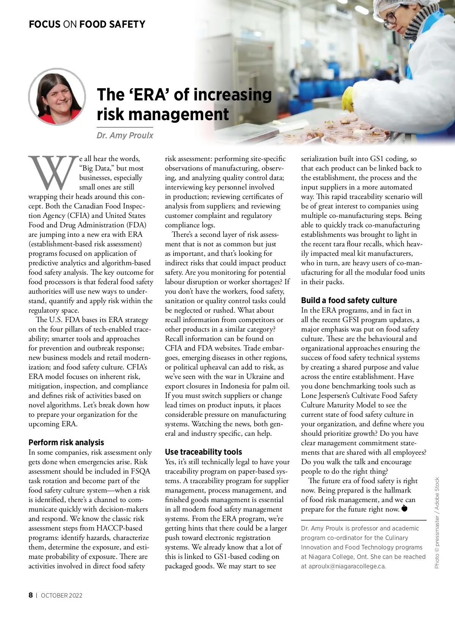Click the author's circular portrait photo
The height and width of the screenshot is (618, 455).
pyautogui.click(x=57, y=97)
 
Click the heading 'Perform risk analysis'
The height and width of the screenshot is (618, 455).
pyautogui.click(x=66, y=443)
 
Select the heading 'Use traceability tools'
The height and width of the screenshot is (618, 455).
pyautogui.click(x=203, y=452)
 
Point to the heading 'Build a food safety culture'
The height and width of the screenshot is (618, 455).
pyautogui.click(x=349, y=300)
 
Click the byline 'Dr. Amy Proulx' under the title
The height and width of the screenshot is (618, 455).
pyautogui.click(x=125, y=136)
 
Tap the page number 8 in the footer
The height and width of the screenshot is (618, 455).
pyautogui.click(x=31, y=595)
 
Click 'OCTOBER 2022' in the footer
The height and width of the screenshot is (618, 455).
pyautogui.click(x=61, y=595)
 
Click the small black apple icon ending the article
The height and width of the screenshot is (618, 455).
pyautogui.click(x=404, y=508)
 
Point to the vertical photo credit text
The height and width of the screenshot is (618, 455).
pyautogui.click(x=437, y=523)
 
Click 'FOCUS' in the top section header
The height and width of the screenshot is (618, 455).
pyautogui.click(x=44, y=25)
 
